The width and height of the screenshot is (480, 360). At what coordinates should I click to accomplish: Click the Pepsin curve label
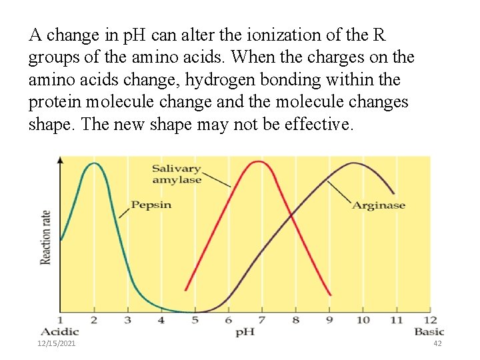click(151, 205)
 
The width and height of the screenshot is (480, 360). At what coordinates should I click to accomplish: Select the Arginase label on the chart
click(379, 205)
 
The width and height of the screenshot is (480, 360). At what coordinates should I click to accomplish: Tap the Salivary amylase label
click(176, 174)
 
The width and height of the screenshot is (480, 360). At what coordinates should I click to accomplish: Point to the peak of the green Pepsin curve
click(94, 163)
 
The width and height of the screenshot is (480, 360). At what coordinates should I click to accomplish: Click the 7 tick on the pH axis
click(261, 320)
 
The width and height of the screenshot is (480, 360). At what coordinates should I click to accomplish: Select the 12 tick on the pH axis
click(430, 320)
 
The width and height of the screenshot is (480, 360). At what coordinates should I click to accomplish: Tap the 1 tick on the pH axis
click(61, 320)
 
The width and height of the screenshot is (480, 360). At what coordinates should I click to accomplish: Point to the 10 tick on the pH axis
click(363, 320)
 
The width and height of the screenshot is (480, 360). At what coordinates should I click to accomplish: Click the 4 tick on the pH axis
click(161, 320)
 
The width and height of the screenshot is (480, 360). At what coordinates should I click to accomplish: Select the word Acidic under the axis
click(59, 331)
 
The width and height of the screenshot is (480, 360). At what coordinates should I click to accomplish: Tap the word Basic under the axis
click(429, 331)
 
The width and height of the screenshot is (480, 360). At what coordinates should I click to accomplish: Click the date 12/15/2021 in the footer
click(57, 343)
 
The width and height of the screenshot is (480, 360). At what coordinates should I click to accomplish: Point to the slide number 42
click(437, 343)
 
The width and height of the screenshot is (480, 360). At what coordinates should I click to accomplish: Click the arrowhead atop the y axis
click(61, 159)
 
